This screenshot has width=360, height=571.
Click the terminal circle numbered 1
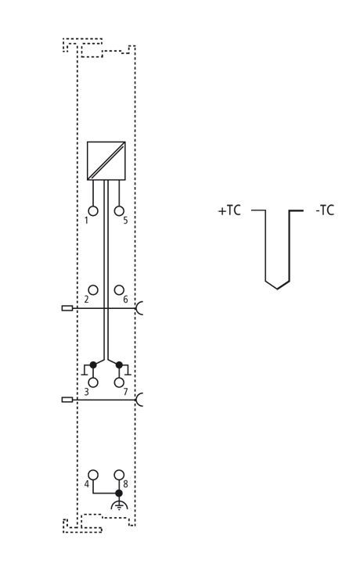[93, 211]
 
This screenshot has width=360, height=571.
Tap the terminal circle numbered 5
[119, 211]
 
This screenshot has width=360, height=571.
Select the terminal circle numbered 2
[93, 290]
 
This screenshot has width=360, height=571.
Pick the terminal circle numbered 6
[119, 290]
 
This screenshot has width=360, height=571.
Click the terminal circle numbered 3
[93, 382]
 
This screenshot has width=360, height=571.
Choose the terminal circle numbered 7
[119, 382]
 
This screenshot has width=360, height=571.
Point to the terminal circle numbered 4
[93, 475]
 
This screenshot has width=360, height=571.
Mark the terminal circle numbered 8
[119, 475]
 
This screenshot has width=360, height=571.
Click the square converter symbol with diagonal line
[106, 160]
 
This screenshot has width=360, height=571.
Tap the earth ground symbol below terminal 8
[119, 505]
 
